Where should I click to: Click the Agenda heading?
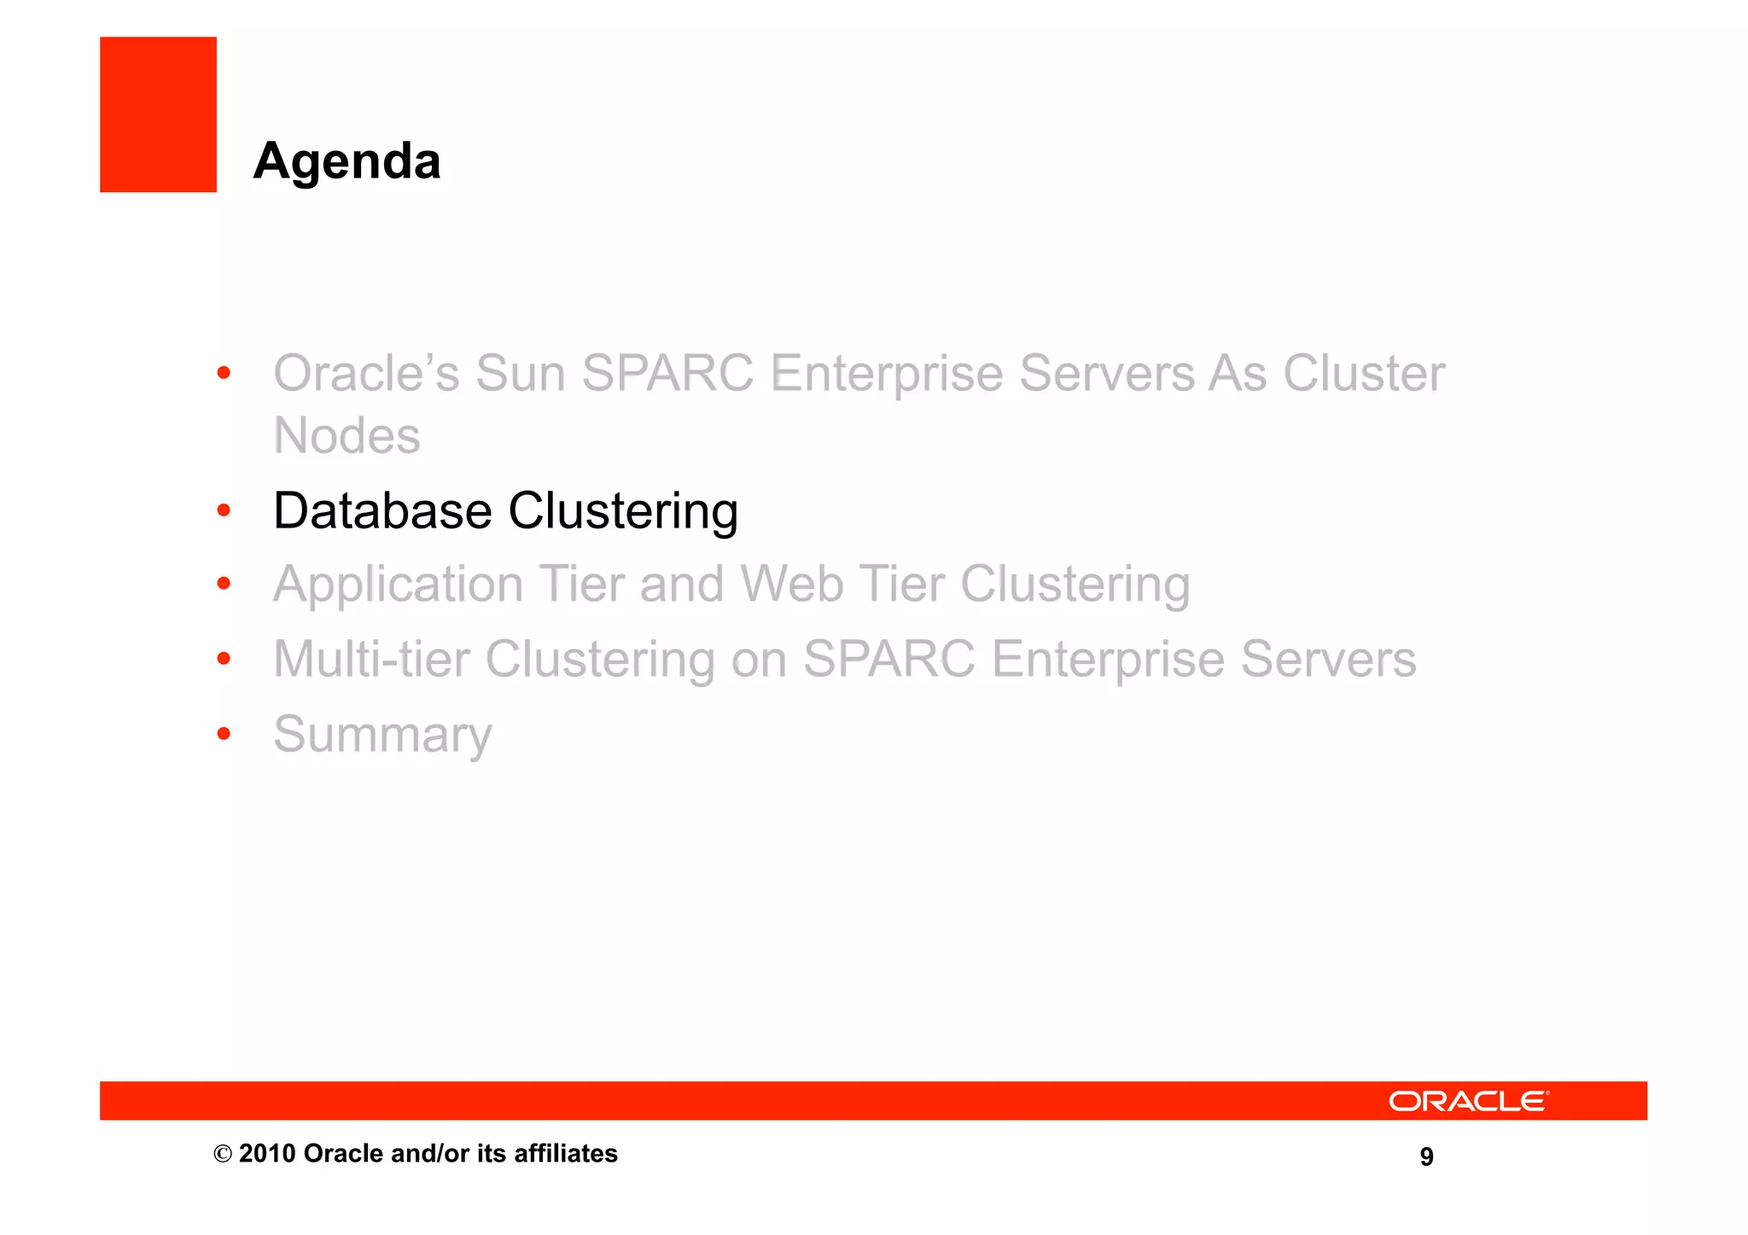coord(347,161)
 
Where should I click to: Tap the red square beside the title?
coord(158,114)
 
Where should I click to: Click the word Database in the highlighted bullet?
coord(382,511)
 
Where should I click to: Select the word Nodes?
coord(347,436)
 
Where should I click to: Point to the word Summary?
coord(382,735)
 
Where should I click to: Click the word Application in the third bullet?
coord(398,585)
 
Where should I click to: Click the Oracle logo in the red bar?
coord(1468,1101)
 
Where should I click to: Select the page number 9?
coord(1426,1156)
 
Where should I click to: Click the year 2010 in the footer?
coord(266,1154)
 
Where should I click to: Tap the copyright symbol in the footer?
coord(222,1155)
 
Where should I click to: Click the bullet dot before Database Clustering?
coord(224,510)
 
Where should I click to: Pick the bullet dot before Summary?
coord(224,733)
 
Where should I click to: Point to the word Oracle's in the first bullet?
coord(366,374)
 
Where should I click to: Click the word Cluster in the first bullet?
coord(1364,374)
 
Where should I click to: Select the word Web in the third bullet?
coord(791,585)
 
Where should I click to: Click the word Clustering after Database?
coord(623,511)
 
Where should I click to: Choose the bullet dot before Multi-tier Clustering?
coord(224,658)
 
